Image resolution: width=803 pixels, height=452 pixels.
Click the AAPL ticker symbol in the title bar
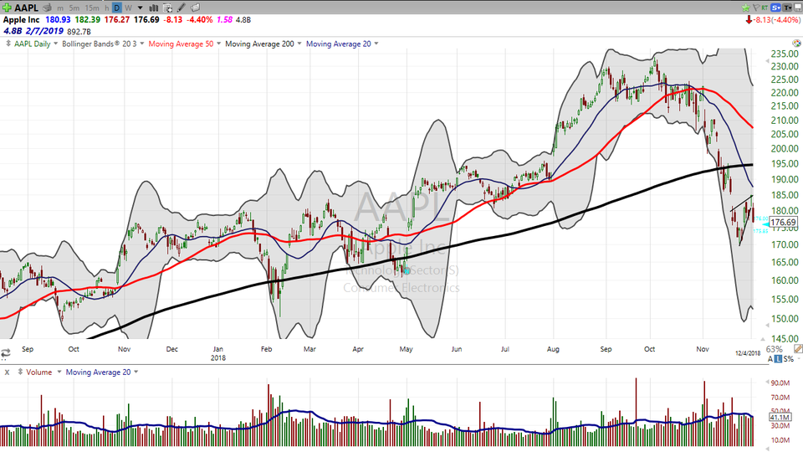coord(27,8)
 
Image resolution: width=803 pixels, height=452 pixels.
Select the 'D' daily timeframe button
coord(117,8)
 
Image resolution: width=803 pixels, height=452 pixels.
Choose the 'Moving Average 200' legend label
coord(259,44)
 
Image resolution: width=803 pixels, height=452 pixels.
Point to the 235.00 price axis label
coord(782,54)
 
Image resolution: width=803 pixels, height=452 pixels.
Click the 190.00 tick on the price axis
coord(782,179)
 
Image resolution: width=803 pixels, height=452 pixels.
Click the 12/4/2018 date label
coord(749,354)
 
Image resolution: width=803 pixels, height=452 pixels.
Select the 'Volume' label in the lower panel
coord(39,372)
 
